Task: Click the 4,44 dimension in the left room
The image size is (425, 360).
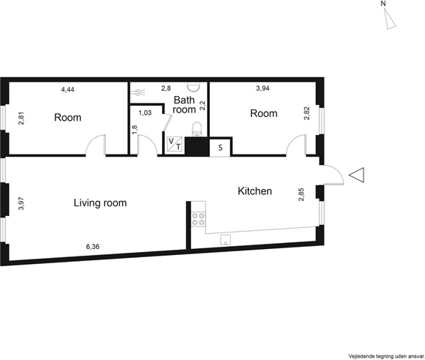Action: click(67, 89)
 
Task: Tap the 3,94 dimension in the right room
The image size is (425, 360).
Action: click(262, 88)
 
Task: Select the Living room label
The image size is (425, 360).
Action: click(100, 203)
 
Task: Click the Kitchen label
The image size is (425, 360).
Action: click(255, 191)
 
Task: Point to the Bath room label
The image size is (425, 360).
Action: click(184, 105)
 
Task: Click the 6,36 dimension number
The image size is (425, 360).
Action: click(93, 247)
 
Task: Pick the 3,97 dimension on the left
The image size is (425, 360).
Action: click(21, 203)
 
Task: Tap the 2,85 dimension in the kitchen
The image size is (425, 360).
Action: click(301, 194)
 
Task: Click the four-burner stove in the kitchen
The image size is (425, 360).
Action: click(198, 219)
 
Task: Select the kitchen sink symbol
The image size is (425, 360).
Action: click(226, 240)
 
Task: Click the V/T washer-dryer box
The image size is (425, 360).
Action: click(175, 144)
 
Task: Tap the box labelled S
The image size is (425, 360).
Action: click(220, 148)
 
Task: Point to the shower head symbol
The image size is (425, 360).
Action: click(139, 92)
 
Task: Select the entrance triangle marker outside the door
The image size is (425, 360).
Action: click(357, 175)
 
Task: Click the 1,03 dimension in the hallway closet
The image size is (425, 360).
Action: click(145, 112)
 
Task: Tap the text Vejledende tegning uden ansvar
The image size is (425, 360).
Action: click(387, 355)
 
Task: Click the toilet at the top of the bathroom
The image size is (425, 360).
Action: click(194, 86)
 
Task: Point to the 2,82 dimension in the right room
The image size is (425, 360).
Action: click(307, 113)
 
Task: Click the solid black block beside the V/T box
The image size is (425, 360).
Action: click(197, 146)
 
